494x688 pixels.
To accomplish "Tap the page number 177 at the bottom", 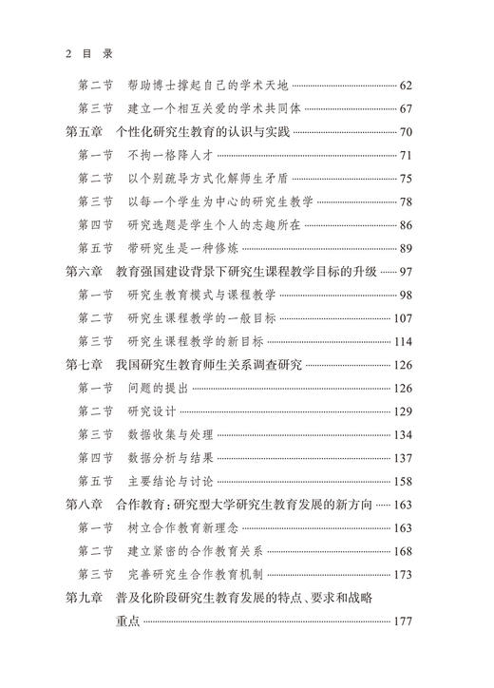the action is coord(405,621).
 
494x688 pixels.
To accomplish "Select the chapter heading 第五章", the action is coord(85,132).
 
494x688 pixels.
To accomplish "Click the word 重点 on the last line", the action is coord(127,621).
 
